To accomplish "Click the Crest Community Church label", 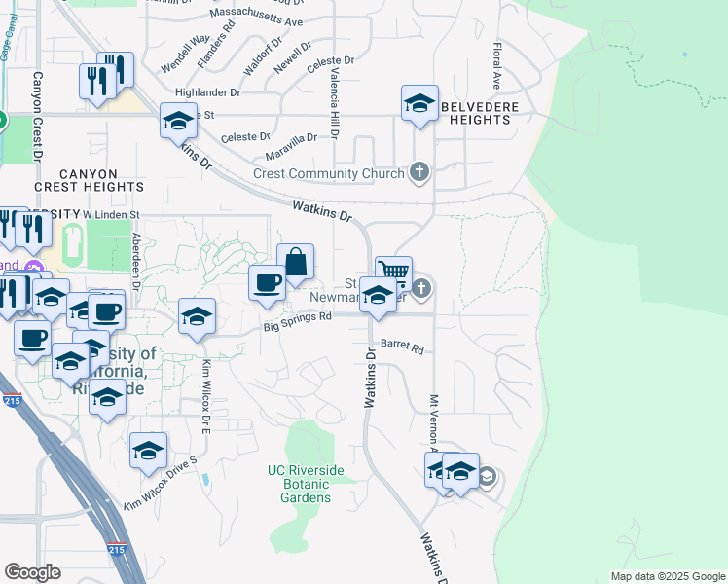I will coord(328,174).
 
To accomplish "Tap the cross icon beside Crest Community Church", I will coord(419,173).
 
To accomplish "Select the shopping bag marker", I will coord(296,263).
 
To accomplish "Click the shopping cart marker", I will coord(393,272).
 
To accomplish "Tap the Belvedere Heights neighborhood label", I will coord(475,113).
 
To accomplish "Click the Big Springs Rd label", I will coord(298,321).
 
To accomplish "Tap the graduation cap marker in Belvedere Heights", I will coord(419,103).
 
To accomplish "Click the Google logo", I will coord(33,572).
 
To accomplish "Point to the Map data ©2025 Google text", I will coord(668,576).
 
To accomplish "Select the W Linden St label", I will coord(112,214).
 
